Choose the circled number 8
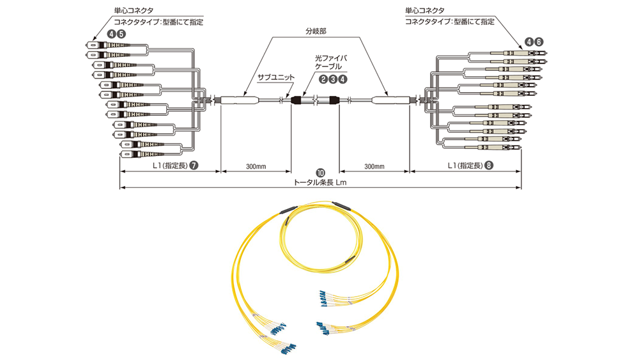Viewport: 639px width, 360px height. (489, 165)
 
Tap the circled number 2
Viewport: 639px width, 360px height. (323, 79)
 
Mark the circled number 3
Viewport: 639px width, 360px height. (334, 79)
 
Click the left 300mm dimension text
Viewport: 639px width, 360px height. (256, 166)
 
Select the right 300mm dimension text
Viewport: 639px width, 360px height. (374, 166)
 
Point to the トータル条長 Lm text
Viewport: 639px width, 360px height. (319, 182)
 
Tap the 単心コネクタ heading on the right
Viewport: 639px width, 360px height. (426, 11)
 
